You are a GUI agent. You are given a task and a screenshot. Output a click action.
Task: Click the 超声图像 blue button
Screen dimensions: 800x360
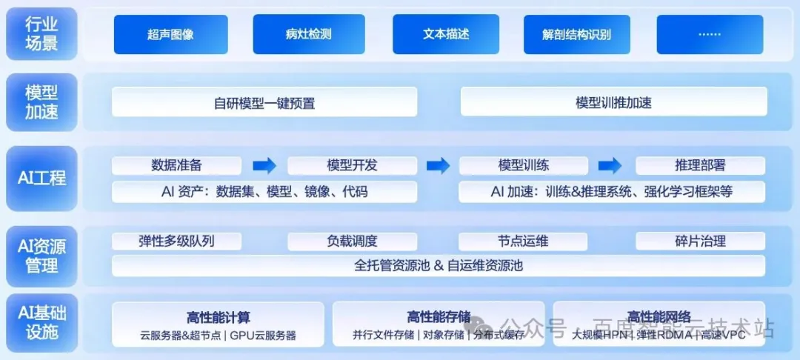(171, 34)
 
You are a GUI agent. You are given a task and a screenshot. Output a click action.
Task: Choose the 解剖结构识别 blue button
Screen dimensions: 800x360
(576, 34)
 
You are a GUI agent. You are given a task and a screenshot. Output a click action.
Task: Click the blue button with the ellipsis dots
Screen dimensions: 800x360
(709, 34)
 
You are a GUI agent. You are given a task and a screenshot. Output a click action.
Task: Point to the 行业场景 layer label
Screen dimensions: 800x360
(41, 33)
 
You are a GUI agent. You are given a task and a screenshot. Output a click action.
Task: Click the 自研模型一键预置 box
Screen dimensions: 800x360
(264, 102)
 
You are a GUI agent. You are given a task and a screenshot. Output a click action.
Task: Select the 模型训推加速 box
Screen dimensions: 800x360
(613, 102)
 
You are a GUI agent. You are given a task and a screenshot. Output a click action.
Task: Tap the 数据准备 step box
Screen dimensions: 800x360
(176, 165)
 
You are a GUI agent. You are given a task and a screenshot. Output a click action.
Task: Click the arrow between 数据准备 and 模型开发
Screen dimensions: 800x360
(264, 165)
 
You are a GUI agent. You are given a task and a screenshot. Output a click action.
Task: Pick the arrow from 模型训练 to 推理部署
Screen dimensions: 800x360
(610, 165)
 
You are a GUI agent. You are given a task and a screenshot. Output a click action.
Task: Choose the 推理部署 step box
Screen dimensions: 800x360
(700, 165)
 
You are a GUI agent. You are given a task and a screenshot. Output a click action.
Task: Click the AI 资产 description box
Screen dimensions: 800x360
(264, 192)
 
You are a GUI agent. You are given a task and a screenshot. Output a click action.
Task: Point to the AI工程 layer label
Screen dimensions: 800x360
(41, 178)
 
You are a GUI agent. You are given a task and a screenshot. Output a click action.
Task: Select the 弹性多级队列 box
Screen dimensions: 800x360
(176, 241)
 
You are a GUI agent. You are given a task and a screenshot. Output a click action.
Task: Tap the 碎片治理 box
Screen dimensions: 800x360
(700, 241)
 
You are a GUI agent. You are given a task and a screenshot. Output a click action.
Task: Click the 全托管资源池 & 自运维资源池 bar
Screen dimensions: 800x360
(439, 265)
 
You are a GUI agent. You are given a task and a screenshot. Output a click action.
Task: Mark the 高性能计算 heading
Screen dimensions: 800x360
(218, 317)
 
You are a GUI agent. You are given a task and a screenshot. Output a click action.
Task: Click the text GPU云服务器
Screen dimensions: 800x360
(262, 335)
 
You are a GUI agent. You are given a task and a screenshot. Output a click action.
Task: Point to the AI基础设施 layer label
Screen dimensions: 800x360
(41, 323)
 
